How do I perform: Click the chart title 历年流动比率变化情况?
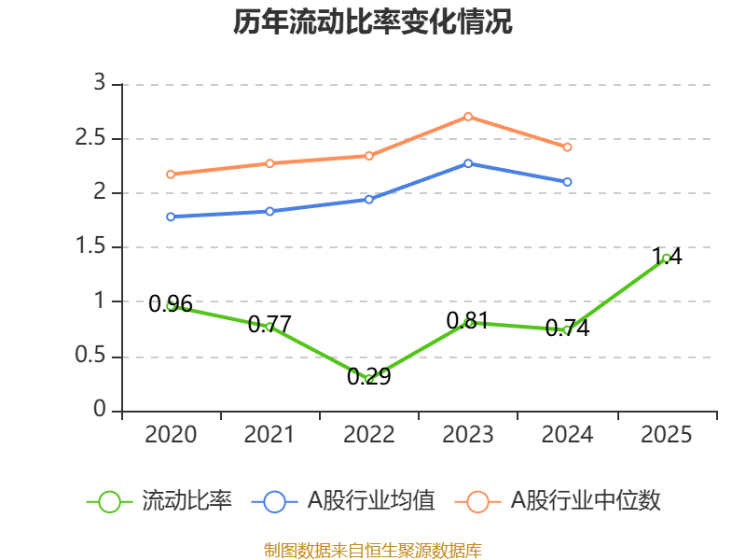[373, 21]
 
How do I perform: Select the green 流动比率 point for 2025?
[666, 258]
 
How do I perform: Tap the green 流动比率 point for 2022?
[369, 380]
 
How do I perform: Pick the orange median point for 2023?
[468, 117]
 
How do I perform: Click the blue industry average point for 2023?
[468, 163]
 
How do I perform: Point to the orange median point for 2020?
[171, 175]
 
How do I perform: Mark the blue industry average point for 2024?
[567, 182]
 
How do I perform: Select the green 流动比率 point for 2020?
[171, 305]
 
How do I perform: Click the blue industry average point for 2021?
[269, 211]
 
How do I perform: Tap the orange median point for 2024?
[567, 147]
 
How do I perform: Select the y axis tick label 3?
[101, 84]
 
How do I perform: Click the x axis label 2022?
[369, 435]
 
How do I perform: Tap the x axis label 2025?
[666, 435]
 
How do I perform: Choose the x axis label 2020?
[171, 435]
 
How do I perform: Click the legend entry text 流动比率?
[186, 501]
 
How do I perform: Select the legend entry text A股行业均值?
[371, 501]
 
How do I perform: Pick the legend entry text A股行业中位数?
[586, 501]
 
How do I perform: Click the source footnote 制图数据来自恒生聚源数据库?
[373, 550]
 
